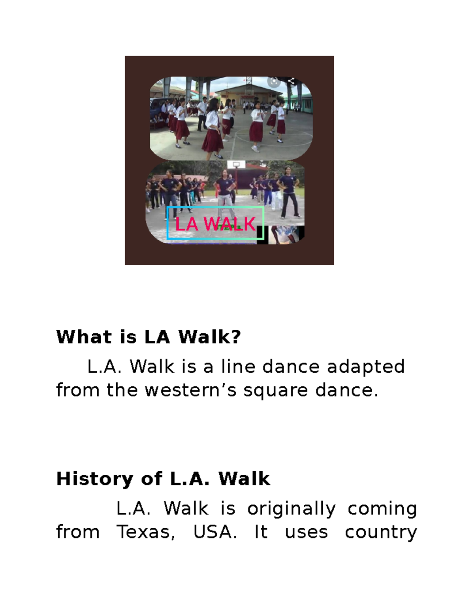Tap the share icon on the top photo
292,81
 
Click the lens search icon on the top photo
274,81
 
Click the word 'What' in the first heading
84,337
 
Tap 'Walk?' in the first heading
209,337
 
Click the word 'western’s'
191,390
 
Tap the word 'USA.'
215,532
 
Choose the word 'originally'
292,509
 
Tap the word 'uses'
307,532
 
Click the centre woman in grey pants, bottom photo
225,190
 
